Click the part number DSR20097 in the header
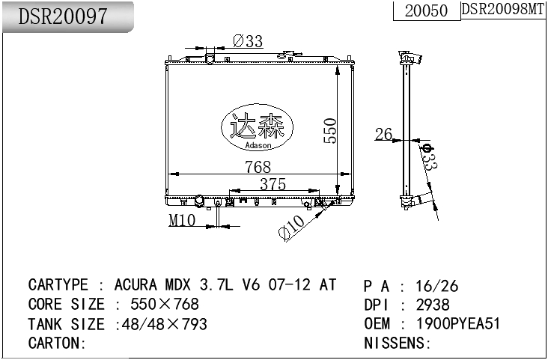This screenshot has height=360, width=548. pyautogui.click(x=63, y=16)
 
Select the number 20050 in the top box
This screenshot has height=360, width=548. pyautogui.click(x=426, y=10)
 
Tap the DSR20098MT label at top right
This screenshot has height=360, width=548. pyautogui.click(x=502, y=9)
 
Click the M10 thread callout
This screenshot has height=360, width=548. pyautogui.click(x=181, y=220)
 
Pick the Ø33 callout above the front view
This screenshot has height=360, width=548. pyautogui.click(x=248, y=42)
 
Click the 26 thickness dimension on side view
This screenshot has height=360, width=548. pyautogui.click(x=383, y=135)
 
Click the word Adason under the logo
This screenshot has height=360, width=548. pyautogui.click(x=258, y=145)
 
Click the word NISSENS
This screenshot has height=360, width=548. pyautogui.click(x=394, y=344)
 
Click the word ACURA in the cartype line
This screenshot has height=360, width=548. pyautogui.click(x=135, y=285)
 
